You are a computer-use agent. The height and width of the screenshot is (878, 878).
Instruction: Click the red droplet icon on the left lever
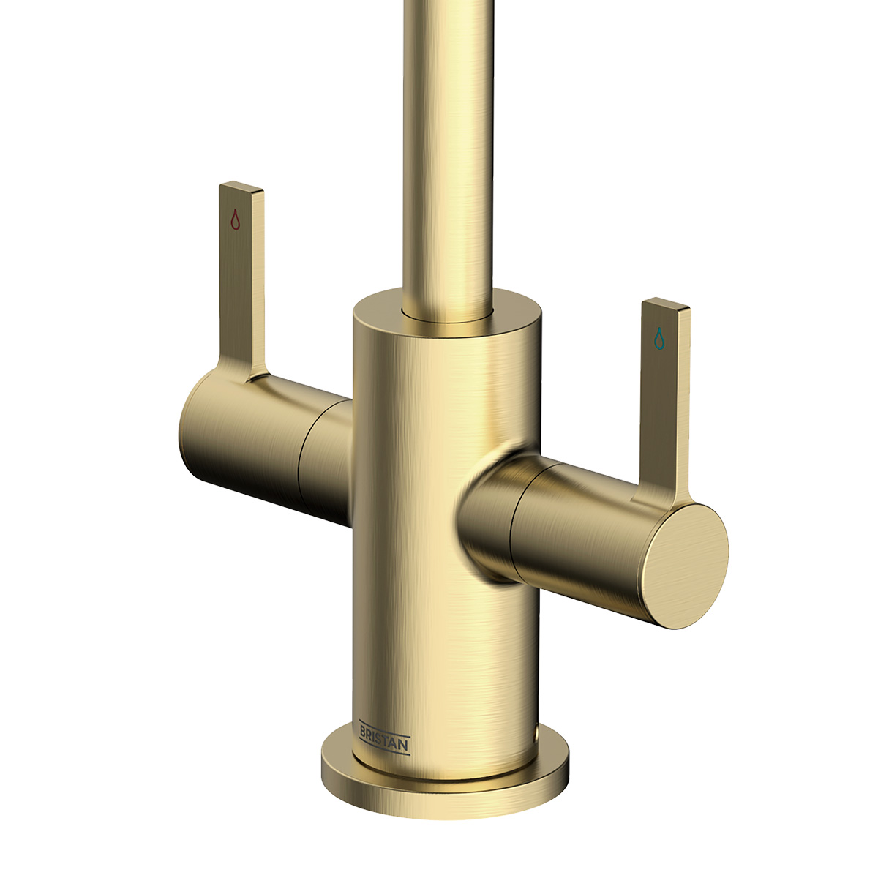coord(235,219)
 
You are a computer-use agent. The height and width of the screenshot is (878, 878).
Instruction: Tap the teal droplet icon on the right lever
coord(659,337)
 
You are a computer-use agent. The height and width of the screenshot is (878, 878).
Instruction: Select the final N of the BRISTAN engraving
coord(405,746)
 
